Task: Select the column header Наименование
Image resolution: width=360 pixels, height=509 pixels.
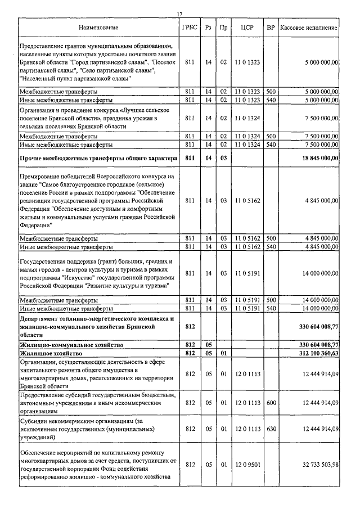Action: point(98,28)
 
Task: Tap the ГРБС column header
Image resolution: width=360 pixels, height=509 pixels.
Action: point(190,28)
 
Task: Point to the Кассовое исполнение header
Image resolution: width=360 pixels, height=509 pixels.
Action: point(309,28)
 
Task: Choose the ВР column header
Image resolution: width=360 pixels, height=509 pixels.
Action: point(271,28)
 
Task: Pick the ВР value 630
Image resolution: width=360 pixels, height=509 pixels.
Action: point(271,429)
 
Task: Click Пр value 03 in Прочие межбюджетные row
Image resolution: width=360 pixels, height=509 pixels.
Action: point(223,158)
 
